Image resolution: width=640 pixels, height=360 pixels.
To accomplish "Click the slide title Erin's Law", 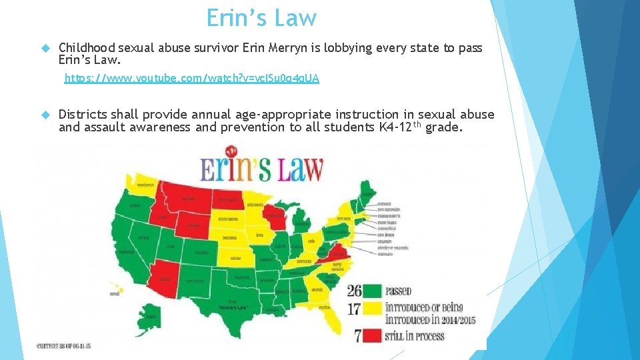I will [x=261, y=18].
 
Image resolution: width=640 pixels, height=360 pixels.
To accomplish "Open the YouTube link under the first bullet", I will [x=191, y=79].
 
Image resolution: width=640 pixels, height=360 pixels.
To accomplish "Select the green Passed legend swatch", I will [x=372, y=291].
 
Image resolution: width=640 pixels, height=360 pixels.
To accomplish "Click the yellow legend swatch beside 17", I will [x=372, y=313].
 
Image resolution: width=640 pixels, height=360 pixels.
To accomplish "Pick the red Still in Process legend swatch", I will [x=372, y=335].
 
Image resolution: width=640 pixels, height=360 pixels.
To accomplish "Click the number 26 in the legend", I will [x=355, y=291].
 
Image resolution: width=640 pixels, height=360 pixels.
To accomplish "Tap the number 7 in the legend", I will [x=358, y=335].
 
